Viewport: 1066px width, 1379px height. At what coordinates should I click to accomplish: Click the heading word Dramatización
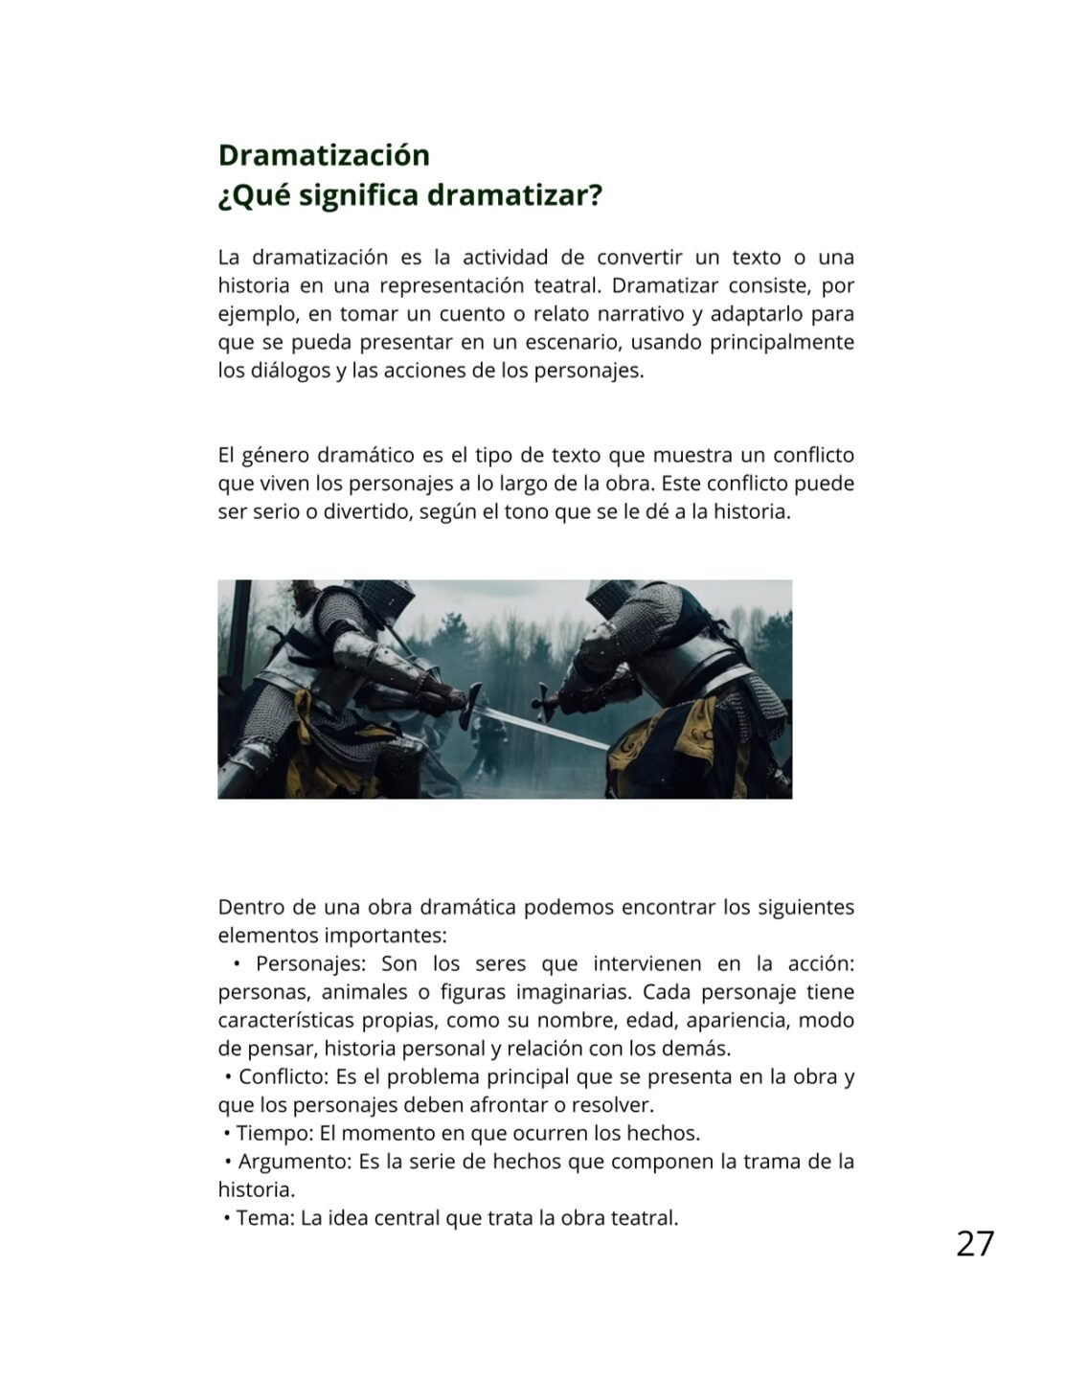point(324,155)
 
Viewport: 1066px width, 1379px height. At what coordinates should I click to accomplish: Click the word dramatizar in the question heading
point(514,195)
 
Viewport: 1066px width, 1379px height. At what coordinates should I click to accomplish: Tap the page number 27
point(975,1243)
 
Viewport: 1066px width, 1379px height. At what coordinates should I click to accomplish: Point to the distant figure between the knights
point(494,742)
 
